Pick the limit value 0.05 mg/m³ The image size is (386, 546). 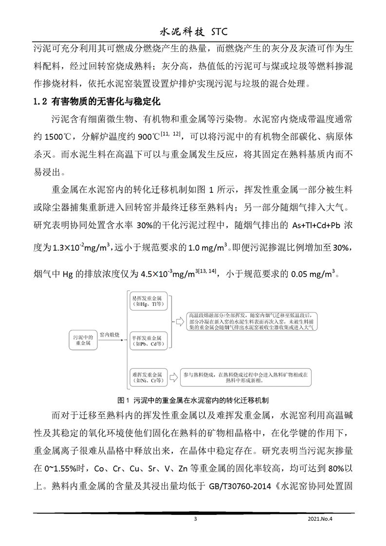[x=312, y=273]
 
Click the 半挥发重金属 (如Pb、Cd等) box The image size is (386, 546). [x=146, y=340]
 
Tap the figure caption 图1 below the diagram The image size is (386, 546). [x=193, y=400]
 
